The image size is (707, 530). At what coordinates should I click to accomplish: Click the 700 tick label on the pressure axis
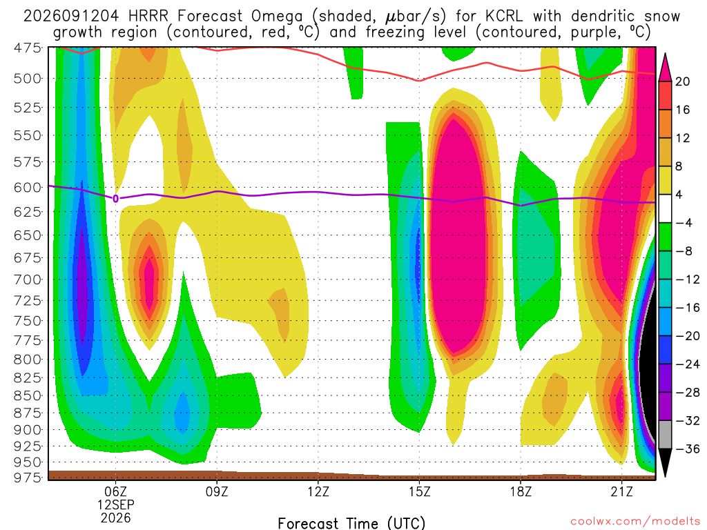pyautogui.click(x=28, y=279)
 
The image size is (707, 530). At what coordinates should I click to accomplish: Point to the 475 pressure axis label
pyautogui.click(x=28, y=48)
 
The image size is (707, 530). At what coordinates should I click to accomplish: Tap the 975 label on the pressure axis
pyautogui.click(x=28, y=477)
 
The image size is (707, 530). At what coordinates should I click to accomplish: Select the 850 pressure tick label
pyautogui.click(x=28, y=395)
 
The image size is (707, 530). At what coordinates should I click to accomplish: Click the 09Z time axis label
pyautogui.click(x=217, y=491)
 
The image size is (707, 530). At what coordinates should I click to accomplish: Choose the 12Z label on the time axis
pyautogui.click(x=318, y=491)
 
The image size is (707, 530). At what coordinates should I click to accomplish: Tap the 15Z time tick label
pyautogui.click(x=420, y=491)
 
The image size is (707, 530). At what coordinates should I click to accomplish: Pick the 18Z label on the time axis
pyautogui.click(x=521, y=491)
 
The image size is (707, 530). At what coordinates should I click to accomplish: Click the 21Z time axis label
pyautogui.click(x=622, y=491)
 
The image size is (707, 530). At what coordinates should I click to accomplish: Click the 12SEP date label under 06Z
pyautogui.click(x=116, y=504)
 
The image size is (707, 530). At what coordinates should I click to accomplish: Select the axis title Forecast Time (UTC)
pyautogui.click(x=351, y=523)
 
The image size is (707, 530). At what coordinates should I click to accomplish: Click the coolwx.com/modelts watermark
pyautogui.click(x=635, y=522)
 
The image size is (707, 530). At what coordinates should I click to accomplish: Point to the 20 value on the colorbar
pyautogui.click(x=683, y=81)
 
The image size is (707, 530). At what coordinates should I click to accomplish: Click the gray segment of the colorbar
pyautogui.click(x=665, y=435)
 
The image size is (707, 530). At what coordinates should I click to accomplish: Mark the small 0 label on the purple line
pyautogui.click(x=116, y=199)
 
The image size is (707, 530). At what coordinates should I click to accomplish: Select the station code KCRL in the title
pyautogui.click(x=504, y=17)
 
